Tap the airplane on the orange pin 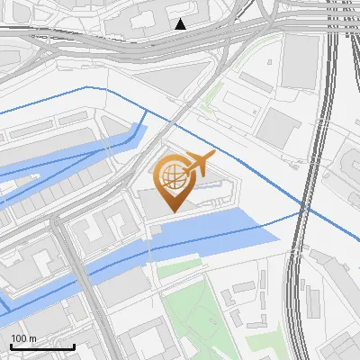click(x=199, y=164)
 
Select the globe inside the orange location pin click(x=171, y=176)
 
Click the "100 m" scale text click(x=23, y=338)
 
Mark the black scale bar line click(x=42, y=346)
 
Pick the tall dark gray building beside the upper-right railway click(x=299, y=62)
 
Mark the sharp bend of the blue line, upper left click(x=86, y=87)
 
